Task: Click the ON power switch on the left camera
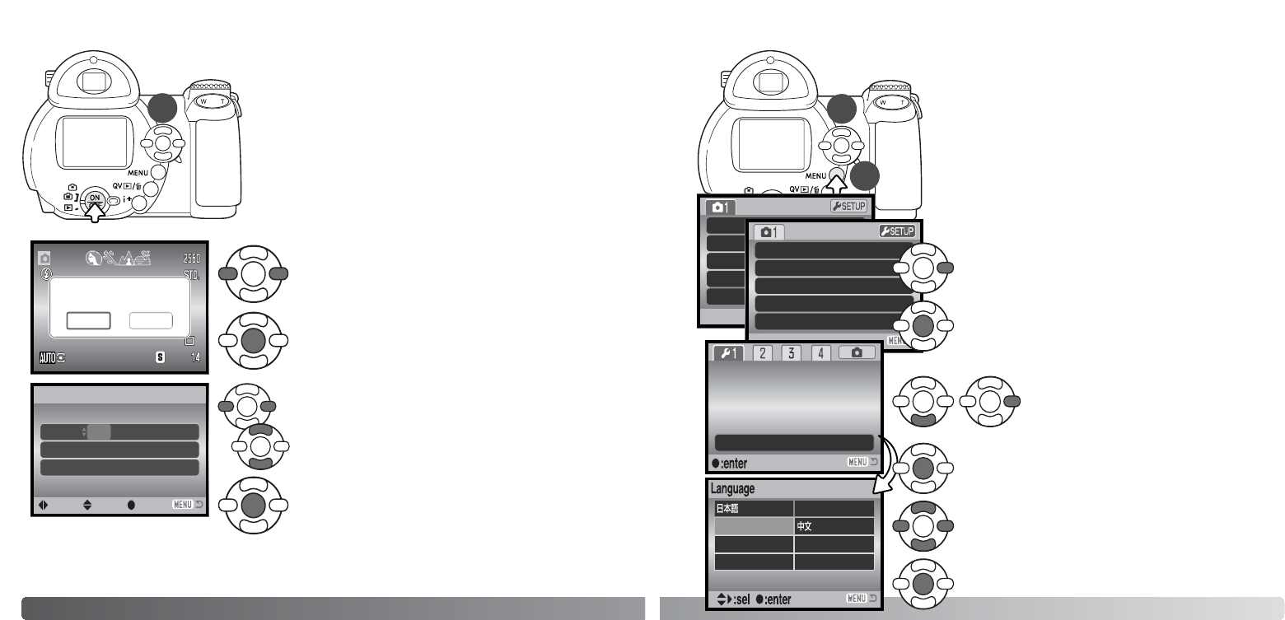[x=95, y=198]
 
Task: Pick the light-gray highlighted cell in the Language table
[x=753, y=526]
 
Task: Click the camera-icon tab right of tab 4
[x=857, y=353]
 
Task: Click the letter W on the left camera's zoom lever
[x=204, y=101]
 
